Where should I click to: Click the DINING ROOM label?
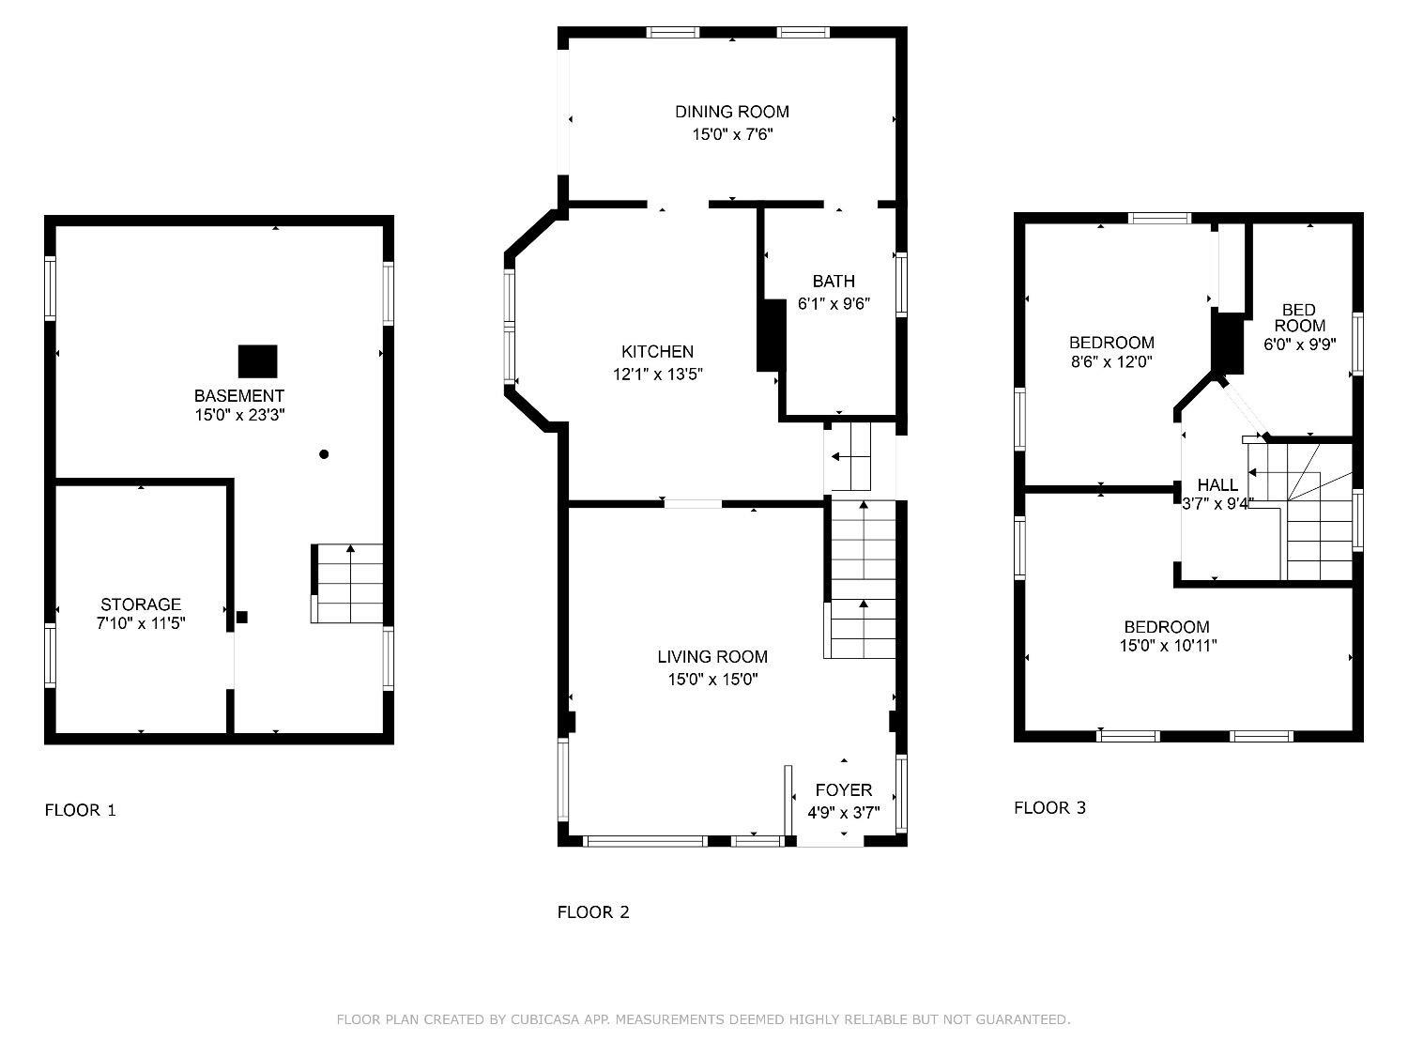pos(732,112)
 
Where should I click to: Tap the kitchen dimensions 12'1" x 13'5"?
pos(657,374)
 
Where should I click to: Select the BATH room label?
pos(834,281)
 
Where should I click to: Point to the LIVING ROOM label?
pos(712,656)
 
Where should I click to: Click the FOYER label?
pos(844,790)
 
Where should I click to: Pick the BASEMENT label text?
pos(239,395)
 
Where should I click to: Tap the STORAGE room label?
pos(141,604)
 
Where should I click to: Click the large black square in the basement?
pos(258,361)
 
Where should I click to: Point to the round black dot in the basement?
pos(324,454)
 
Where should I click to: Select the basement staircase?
pos(347,584)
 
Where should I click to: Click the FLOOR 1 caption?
pos(80,810)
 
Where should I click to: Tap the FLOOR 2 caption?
pos(593,911)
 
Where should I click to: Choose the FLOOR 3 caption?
pos(1050,808)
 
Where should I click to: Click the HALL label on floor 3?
pos(1217,484)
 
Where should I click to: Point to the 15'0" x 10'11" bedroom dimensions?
pos(1168,646)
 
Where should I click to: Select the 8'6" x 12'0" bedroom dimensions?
pos(1111,361)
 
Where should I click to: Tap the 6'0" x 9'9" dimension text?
pos(1300,344)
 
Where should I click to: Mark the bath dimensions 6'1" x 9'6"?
pos(834,303)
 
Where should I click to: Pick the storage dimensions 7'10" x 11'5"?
pos(141,622)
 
